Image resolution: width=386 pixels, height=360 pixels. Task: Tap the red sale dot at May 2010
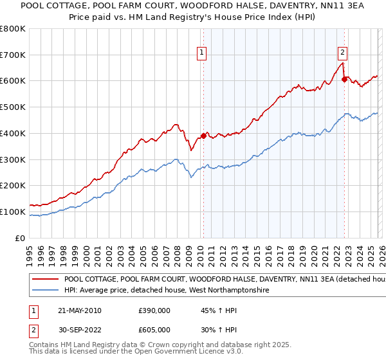tap(203, 136)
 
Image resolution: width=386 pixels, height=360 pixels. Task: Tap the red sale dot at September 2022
tap(345, 80)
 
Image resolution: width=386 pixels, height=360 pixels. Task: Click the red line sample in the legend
tap(45, 280)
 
